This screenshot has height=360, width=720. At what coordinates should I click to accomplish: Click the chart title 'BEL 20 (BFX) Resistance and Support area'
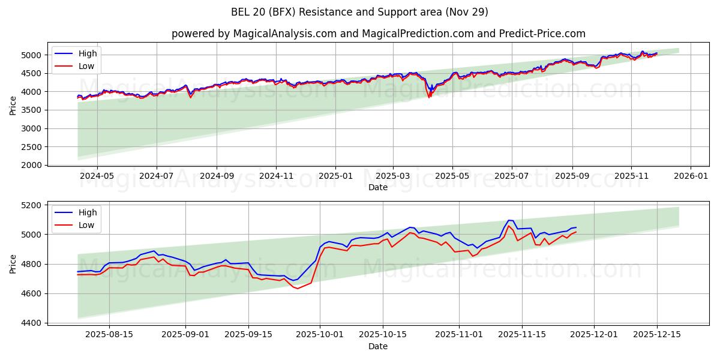point(359,12)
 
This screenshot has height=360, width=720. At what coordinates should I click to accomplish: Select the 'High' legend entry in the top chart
point(88,53)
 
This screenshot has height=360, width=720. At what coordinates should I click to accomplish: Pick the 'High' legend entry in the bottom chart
point(88,212)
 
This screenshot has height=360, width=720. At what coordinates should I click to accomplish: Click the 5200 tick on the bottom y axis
point(33,205)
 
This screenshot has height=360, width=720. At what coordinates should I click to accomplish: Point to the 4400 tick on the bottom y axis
point(33,323)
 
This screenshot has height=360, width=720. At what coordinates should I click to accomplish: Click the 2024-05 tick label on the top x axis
point(97,176)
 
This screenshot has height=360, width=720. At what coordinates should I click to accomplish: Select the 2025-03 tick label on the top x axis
point(393,176)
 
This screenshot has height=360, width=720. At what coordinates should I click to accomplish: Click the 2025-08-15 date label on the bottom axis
point(109,335)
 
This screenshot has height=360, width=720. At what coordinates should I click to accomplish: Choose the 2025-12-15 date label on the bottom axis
point(656,335)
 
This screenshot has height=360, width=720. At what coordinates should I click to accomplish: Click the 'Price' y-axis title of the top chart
point(13,106)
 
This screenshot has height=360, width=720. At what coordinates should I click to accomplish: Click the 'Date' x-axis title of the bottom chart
point(378,346)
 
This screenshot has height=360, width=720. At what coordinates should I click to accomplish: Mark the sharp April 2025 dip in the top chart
point(429,96)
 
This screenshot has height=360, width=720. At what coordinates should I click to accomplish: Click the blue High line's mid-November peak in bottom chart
point(510,220)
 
